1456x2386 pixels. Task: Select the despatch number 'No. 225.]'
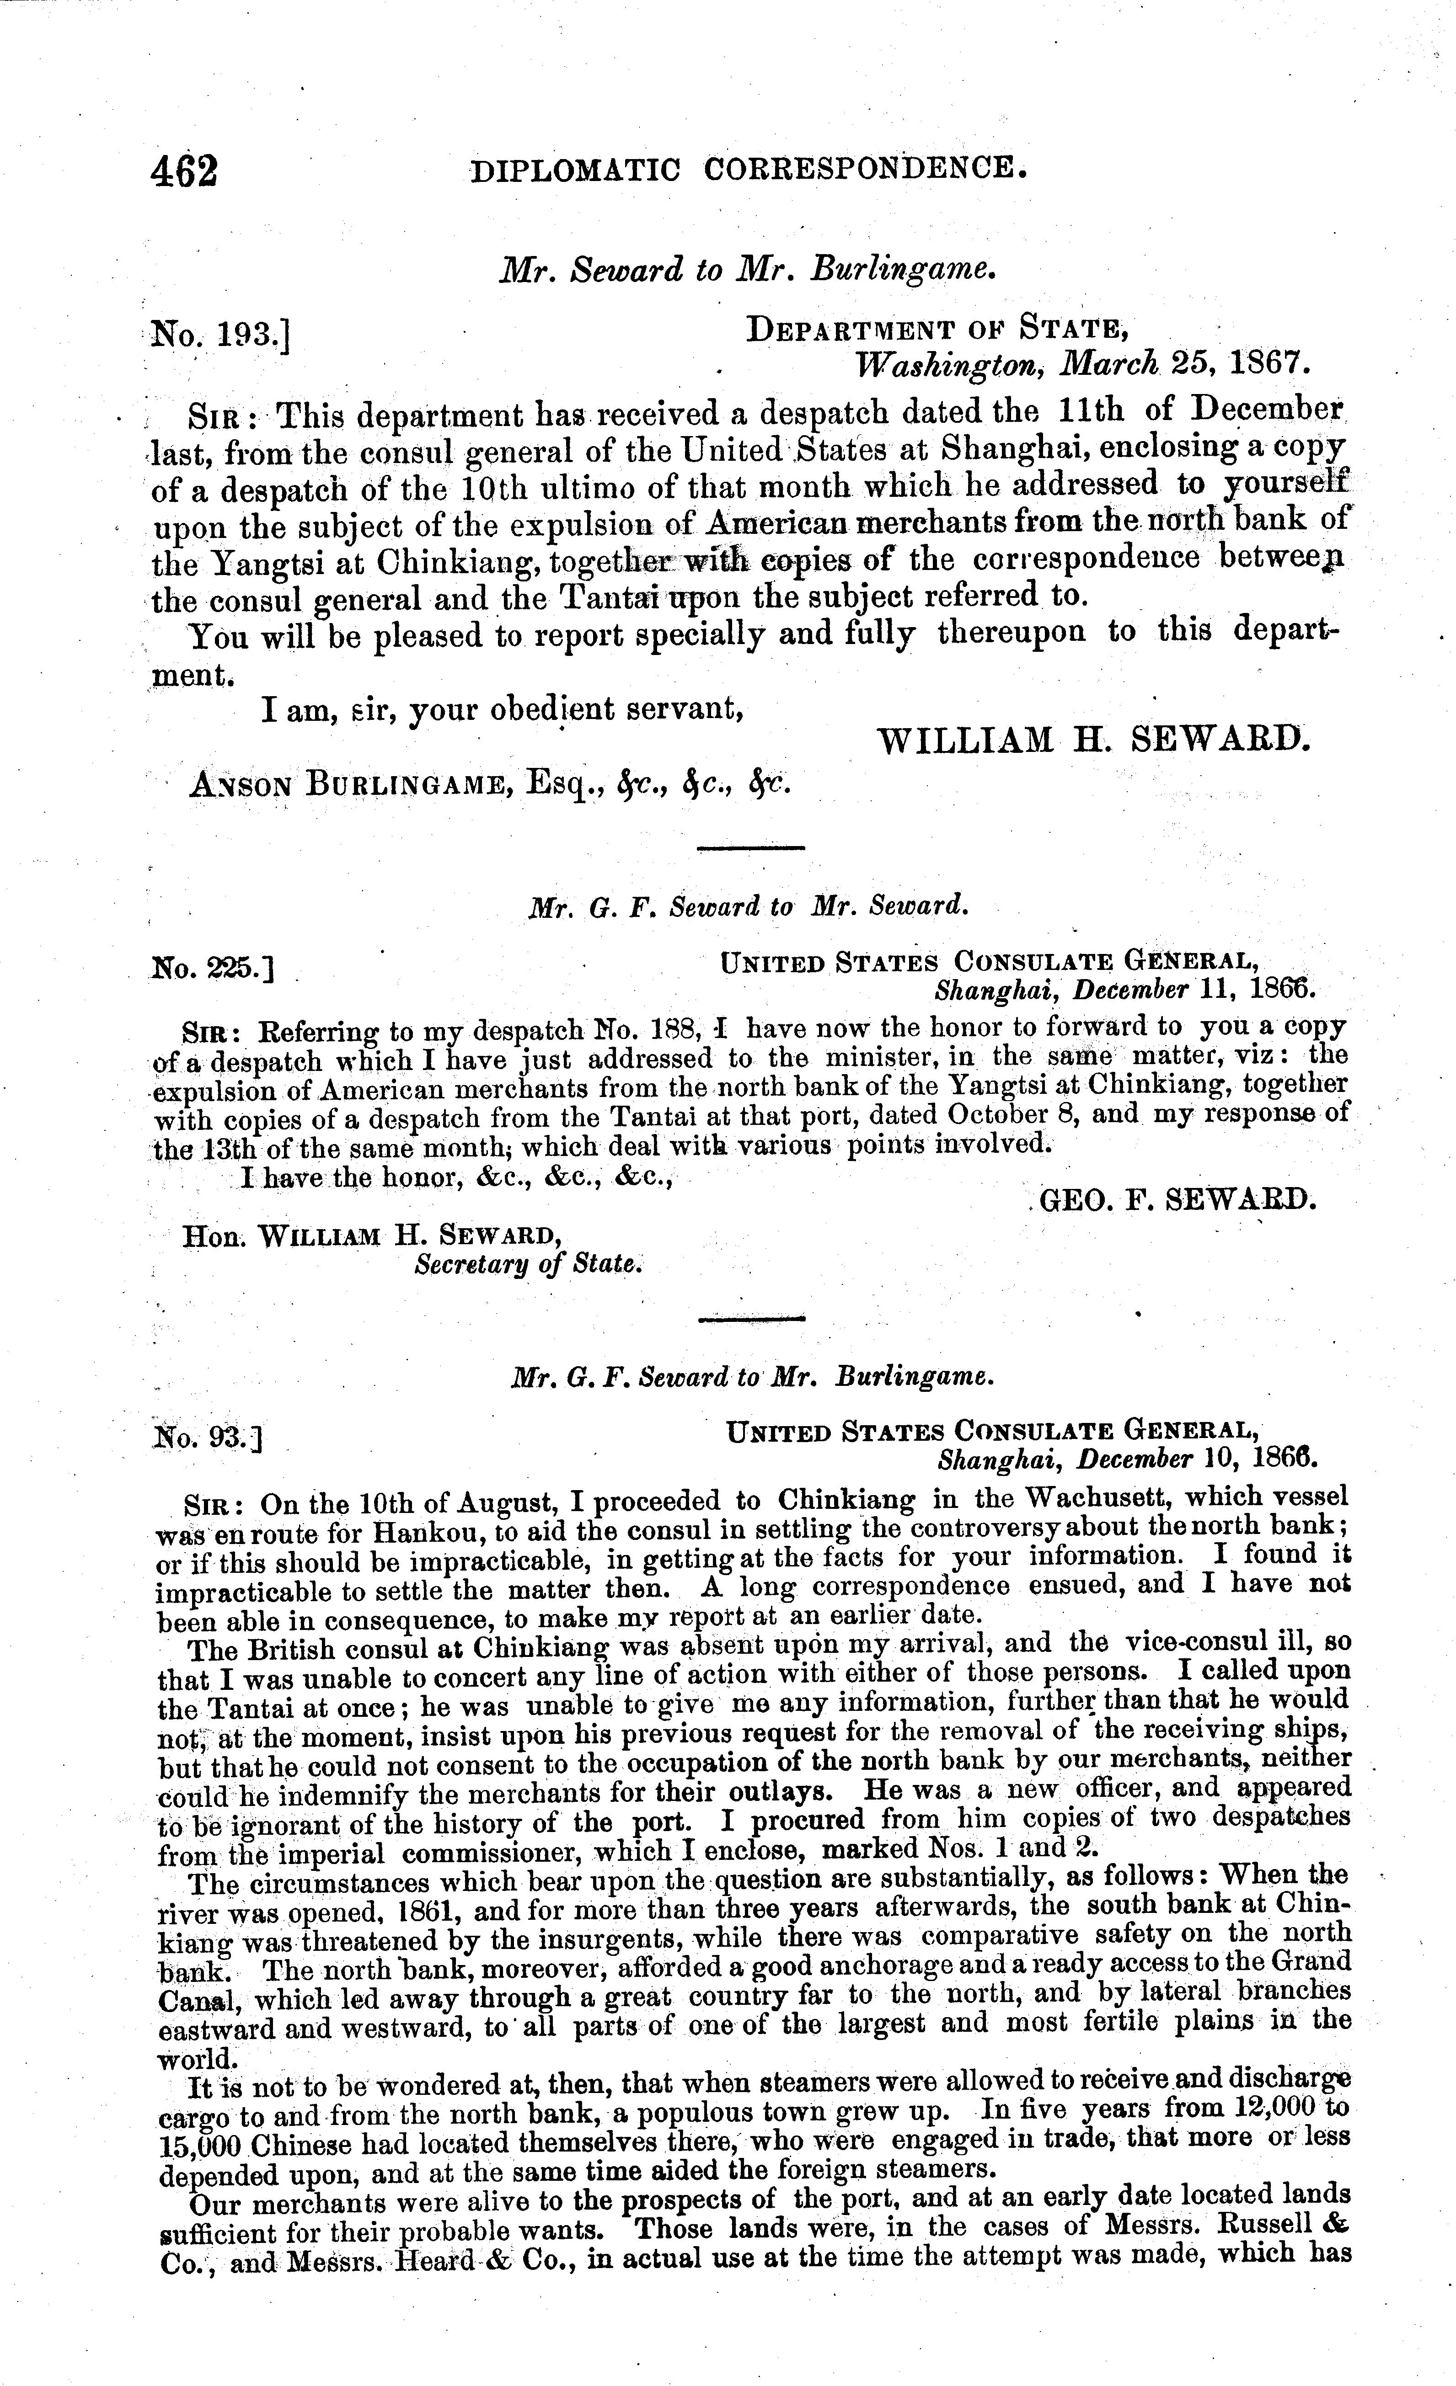211,965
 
